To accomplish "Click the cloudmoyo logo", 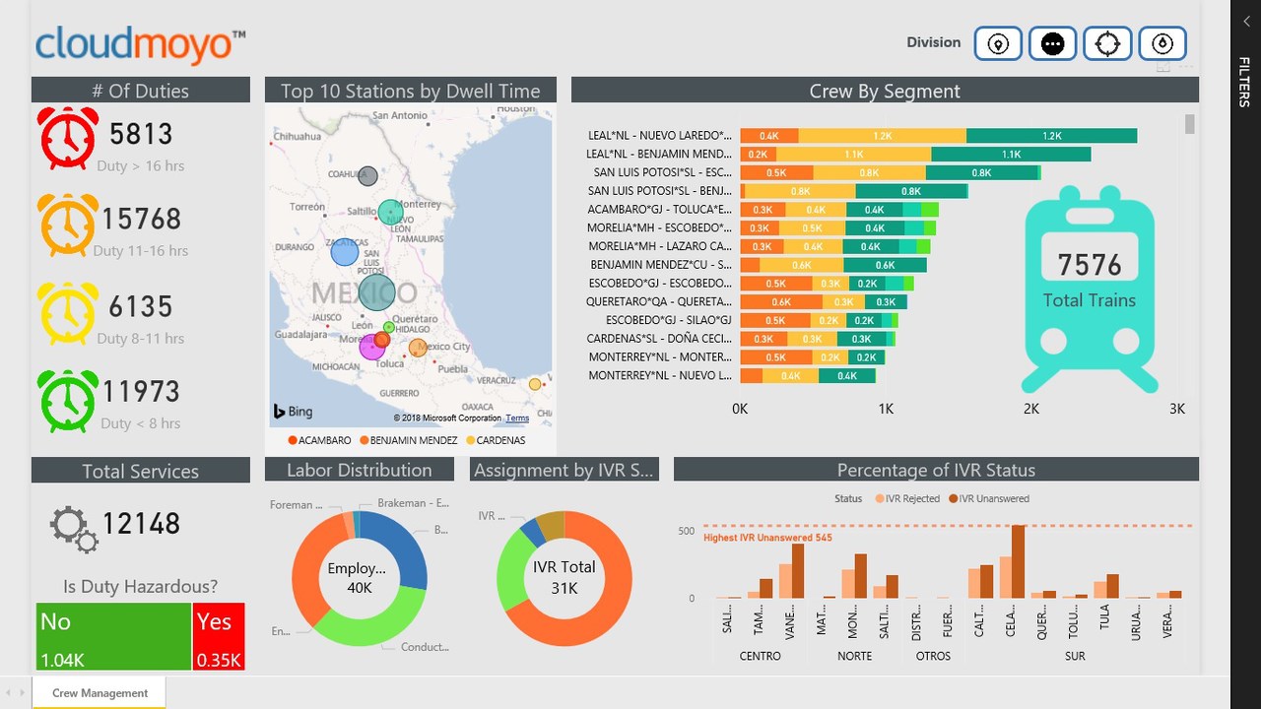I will pos(140,44).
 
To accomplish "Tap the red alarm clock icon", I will pos(68,138).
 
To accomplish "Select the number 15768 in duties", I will pos(141,219).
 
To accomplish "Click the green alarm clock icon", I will pos(68,401).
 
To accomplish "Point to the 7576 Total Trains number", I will pos(1090,265).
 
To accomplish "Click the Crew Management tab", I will pos(100,693).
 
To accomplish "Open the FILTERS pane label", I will pos(1244,82).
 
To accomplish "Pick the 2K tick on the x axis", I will pos(1030,409).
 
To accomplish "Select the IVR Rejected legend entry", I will pos(907,499).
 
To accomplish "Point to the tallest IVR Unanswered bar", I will pos(1018,561).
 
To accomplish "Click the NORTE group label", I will pos(855,656).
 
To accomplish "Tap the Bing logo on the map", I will pos(293,412).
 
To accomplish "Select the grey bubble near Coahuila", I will pos(367,177).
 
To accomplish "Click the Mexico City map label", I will pos(447,347).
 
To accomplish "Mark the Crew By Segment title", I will pos(884,91).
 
